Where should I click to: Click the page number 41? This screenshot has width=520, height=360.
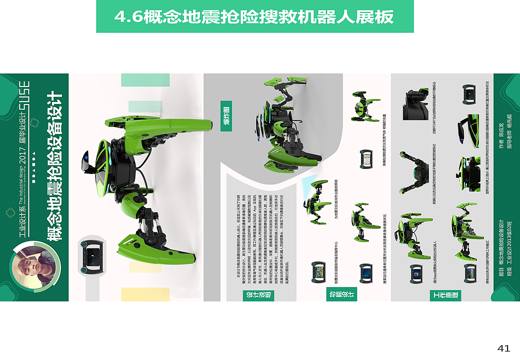503,348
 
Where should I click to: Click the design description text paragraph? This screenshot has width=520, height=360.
257,230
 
